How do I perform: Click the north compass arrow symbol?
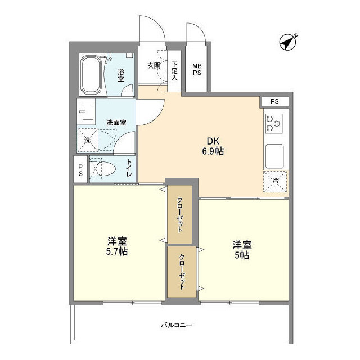click(x=288, y=41)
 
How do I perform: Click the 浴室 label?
click(x=121, y=75)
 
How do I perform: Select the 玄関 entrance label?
click(x=154, y=65)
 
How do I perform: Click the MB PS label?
click(x=198, y=69)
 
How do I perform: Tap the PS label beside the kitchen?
click(x=274, y=101)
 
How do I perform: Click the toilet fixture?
click(x=103, y=169)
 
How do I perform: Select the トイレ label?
click(x=129, y=168)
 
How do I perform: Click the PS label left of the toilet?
click(x=80, y=170)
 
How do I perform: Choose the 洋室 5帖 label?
click(x=242, y=250)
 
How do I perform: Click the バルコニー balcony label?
click(x=177, y=325)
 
